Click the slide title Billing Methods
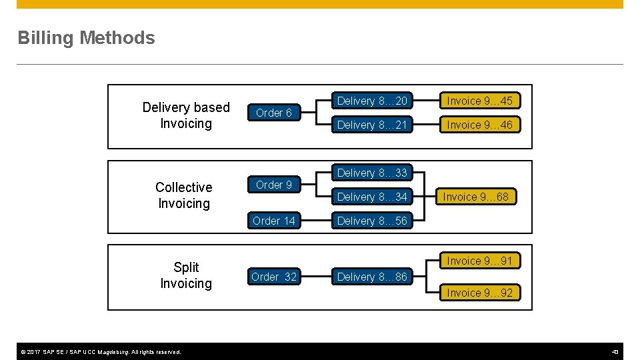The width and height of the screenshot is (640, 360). [86, 38]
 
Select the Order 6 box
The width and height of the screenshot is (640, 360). [274, 113]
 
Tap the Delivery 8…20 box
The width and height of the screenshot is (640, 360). [372, 101]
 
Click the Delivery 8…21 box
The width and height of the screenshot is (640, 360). [372, 125]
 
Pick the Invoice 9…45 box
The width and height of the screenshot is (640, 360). [479, 101]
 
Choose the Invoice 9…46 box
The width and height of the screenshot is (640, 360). [479, 125]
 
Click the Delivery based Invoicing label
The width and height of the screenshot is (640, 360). [186, 115]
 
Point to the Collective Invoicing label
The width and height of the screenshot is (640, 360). [184, 195]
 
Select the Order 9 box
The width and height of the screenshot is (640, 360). [274, 185]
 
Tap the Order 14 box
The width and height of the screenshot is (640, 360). [274, 221]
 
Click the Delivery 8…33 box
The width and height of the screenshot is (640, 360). [372, 173]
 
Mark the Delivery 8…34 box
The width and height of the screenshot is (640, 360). [372, 197]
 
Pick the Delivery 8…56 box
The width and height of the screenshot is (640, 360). [372, 221]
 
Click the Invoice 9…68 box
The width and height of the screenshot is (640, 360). [475, 197]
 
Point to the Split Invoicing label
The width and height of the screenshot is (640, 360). [186, 275]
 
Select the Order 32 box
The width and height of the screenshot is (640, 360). [274, 277]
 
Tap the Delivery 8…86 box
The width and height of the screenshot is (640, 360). [372, 277]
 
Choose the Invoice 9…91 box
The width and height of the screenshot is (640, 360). [479, 261]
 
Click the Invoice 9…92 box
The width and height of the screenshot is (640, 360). [479, 293]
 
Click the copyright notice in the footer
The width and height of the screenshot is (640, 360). [99, 352]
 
